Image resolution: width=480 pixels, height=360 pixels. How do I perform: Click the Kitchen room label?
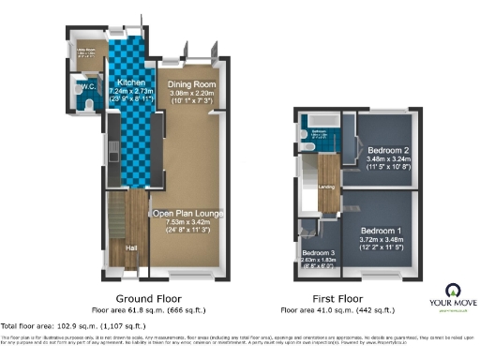coord(125,69)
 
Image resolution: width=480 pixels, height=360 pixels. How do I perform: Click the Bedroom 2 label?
coord(387,149)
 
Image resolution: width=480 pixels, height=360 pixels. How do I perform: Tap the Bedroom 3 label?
coord(320,253)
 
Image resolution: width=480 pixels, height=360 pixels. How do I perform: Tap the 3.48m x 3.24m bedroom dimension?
coord(387,158)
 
